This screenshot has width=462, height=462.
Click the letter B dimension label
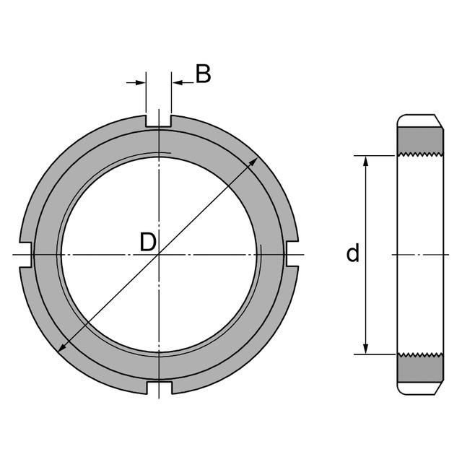204,74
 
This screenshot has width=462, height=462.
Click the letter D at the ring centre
148,242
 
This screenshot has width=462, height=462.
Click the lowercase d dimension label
353,253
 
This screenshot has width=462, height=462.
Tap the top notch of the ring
159,121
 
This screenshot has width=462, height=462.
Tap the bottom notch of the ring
159,387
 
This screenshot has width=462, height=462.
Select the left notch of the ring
25,255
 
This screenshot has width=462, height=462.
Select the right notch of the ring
292,253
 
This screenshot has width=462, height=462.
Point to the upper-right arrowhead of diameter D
253,162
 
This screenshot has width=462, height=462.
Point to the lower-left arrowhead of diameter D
63,347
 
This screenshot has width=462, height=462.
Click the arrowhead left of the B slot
141,82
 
